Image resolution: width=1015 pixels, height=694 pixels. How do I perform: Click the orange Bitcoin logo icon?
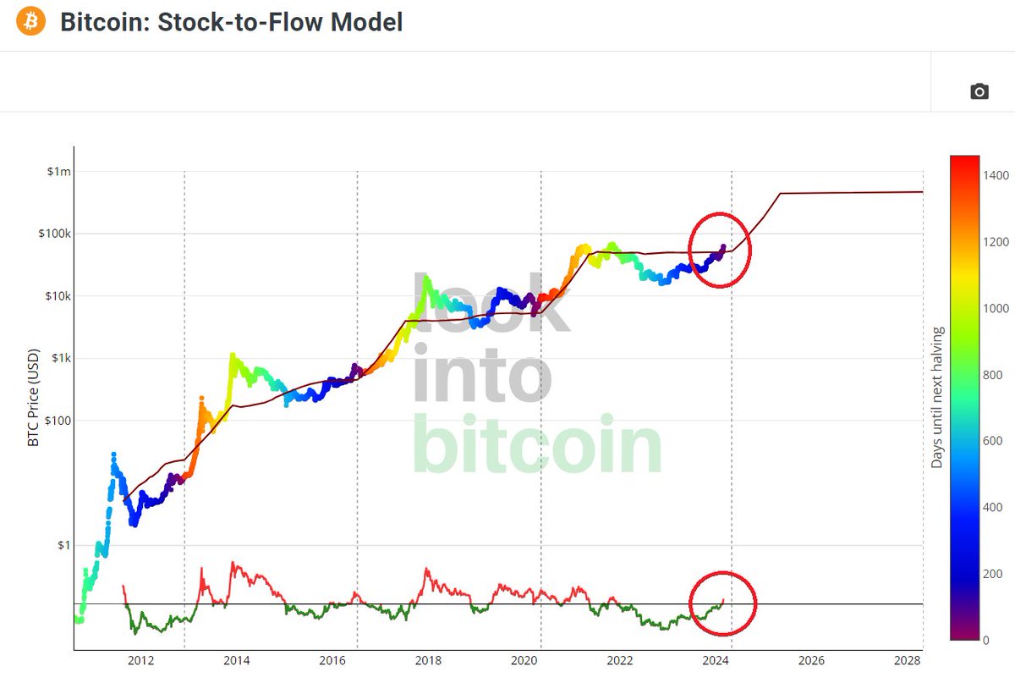click(x=30, y=21)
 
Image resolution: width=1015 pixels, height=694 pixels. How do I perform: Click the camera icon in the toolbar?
click(x=979, y=91)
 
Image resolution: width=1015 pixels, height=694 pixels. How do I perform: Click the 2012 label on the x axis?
click(x=140, y=661)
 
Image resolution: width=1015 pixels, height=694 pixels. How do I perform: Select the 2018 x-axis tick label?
click(x=428, y=661)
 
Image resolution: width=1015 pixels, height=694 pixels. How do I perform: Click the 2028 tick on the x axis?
click(x=907, y=661)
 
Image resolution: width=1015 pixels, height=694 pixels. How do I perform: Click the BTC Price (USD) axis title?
click(x=34, y=398)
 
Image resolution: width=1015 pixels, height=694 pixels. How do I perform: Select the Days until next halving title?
click(x=936, y=398)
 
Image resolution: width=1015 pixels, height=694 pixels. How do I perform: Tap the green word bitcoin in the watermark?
click(x=538, y=445)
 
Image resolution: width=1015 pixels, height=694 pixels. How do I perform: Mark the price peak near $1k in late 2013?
click(x=232, y=355)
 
